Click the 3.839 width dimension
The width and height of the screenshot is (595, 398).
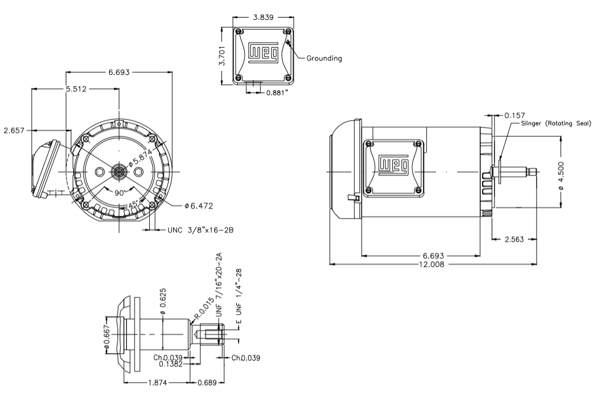tap(262, 17)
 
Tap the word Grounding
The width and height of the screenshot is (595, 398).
tap(324, 58)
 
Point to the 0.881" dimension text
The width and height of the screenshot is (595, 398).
tap(278, 91)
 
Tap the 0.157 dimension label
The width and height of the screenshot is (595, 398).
tap(514, 115)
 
